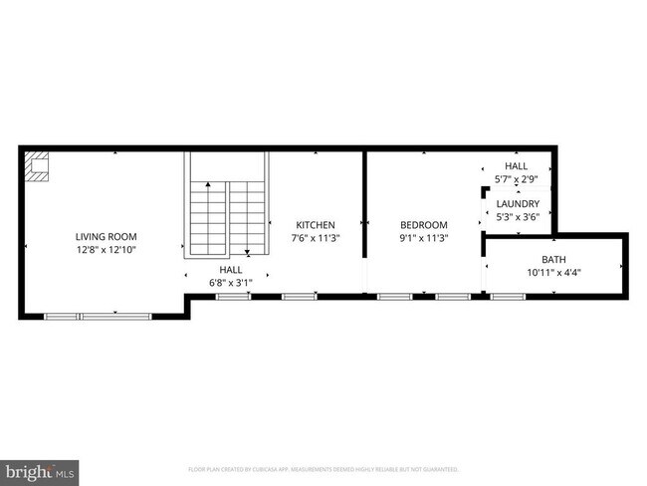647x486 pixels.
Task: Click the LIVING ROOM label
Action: point(106,236)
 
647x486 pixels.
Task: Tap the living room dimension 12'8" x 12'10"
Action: point(106,250)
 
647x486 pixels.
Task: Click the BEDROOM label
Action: point(424,225)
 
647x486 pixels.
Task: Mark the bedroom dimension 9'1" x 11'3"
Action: point(424,238)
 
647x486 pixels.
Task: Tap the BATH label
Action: point(553,260)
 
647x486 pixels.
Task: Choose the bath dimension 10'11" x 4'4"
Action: point(553,272)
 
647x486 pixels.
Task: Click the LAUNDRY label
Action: point(519,204)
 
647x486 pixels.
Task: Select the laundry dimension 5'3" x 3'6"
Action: point(519,216)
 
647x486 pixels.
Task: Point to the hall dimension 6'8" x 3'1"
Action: point(230,283)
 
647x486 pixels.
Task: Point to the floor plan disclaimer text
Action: point(323,468)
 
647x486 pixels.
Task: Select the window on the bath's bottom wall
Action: point(510,296)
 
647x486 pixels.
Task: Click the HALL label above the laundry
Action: point(517,166)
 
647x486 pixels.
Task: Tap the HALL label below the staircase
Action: point(230,270)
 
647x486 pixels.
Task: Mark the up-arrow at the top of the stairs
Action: point(207,185)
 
